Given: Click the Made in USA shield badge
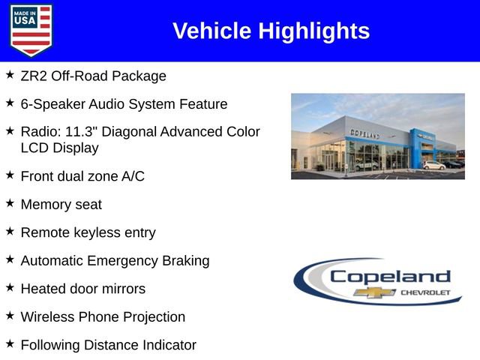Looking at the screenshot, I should (31, 30).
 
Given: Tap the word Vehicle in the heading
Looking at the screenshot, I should (212, 31).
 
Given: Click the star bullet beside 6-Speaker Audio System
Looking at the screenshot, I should (10, 103).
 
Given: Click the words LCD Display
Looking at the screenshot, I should (60, 148).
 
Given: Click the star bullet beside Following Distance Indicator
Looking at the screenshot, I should (10, 343).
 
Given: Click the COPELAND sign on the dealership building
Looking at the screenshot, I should (364, 133).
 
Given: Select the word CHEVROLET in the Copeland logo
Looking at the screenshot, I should (425, 292).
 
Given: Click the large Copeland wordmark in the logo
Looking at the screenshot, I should (390, 276).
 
